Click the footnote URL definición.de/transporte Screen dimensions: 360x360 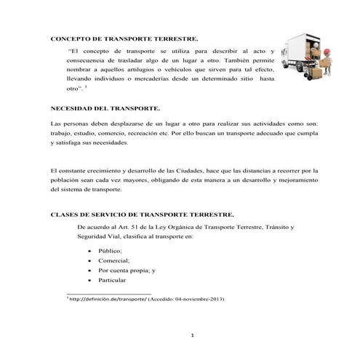tap(106, 299)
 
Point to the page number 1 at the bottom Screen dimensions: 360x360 tap(191, 335)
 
